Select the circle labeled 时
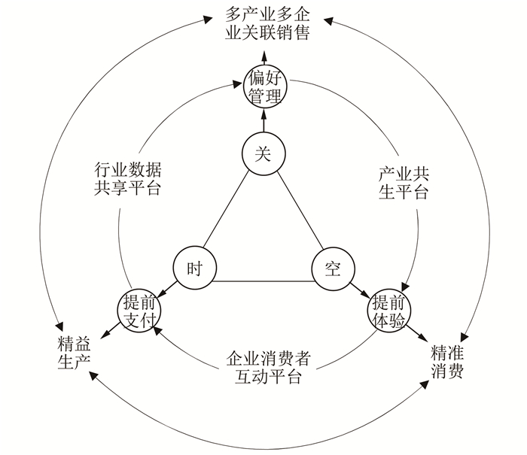pyautogui.click(x=194, y=268)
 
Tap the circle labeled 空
pyautogui.click(x=333, y=268)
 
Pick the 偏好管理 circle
pyautogui.click(x=263, y=86)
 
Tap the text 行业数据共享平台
pyautogui.click(x=128, y=178)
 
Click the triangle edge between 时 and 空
pyautogui.click(x=263, y=282)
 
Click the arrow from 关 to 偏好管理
pyautogui.click(x=263, y=121)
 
